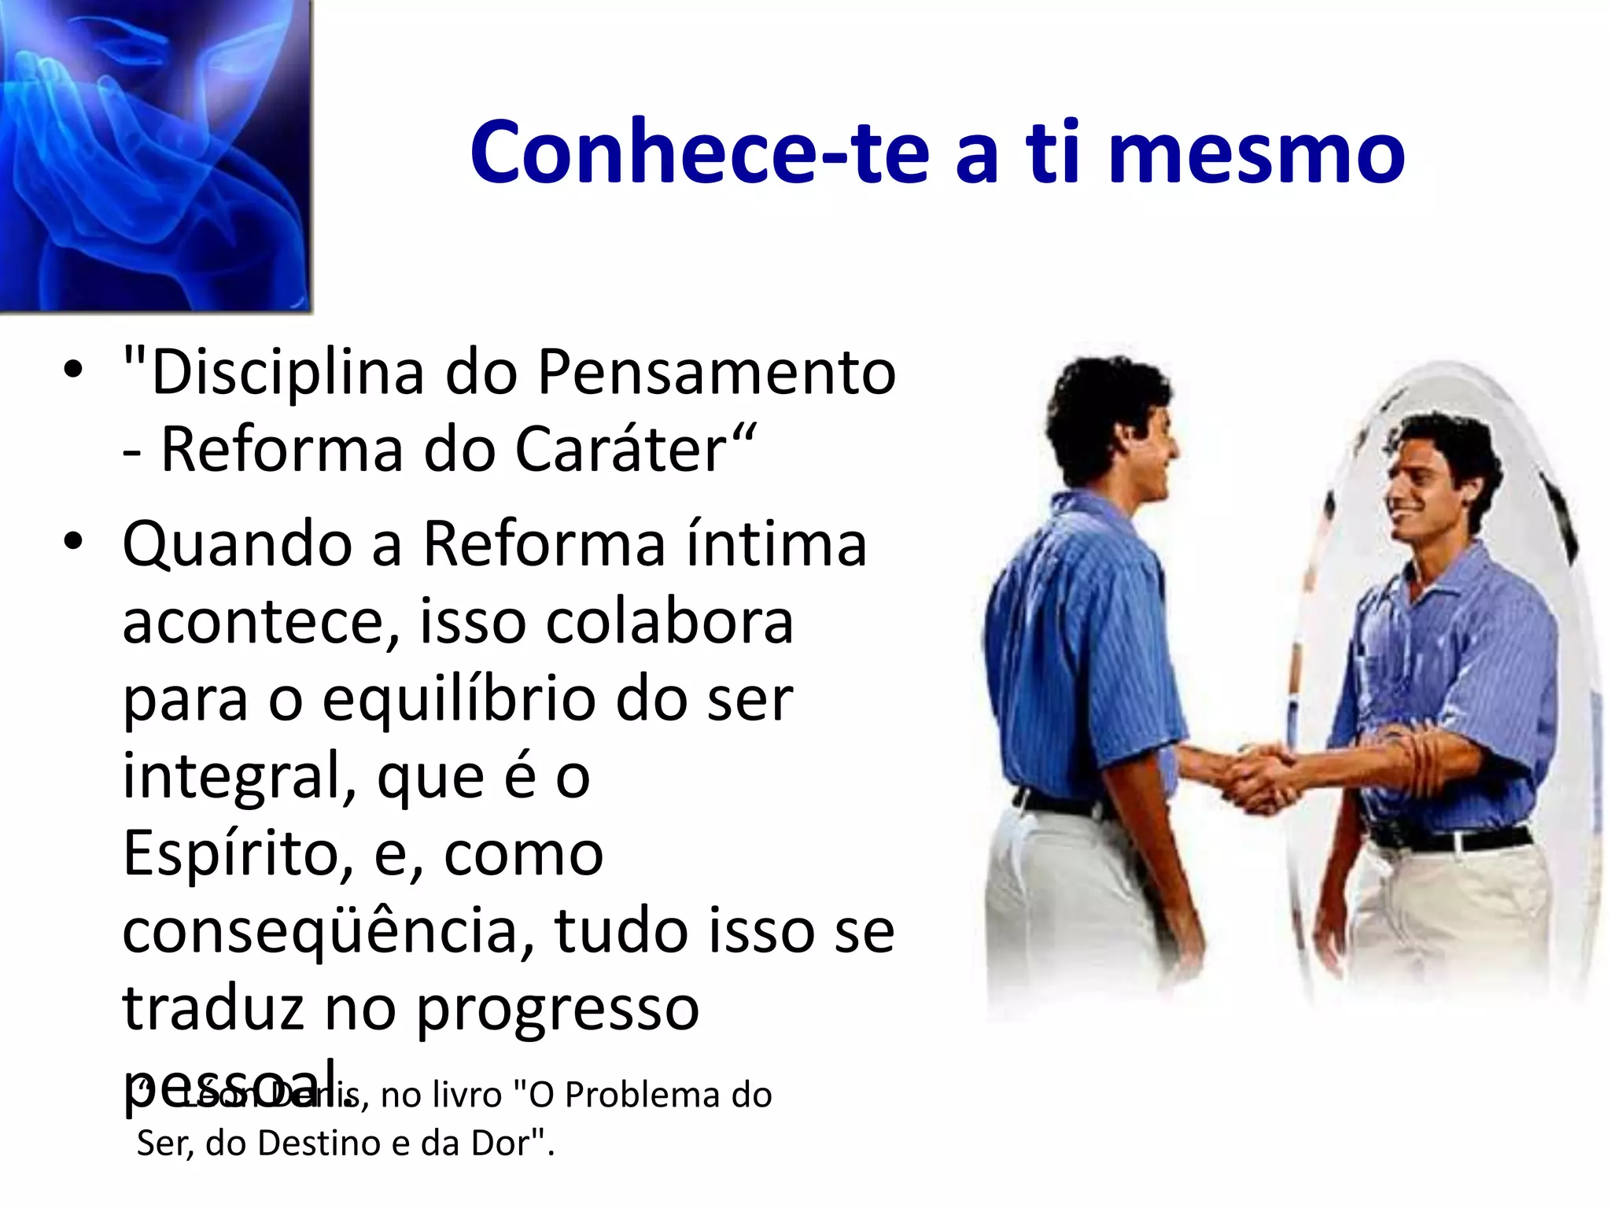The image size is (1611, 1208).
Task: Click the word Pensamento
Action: [716, 373]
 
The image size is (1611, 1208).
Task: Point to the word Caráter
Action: [621, 450]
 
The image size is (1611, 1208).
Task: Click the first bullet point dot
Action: [73, 373]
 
